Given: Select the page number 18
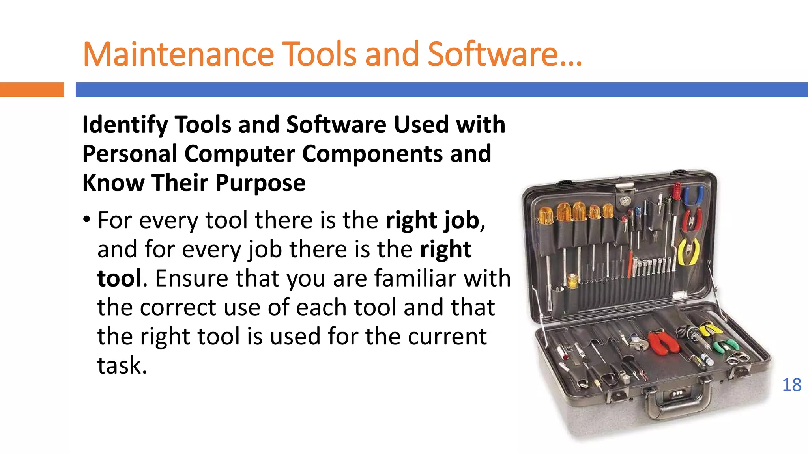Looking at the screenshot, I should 791,385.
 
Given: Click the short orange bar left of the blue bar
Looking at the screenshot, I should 32,89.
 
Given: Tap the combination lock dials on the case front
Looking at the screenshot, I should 677,393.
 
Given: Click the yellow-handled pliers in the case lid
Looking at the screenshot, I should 688,252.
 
